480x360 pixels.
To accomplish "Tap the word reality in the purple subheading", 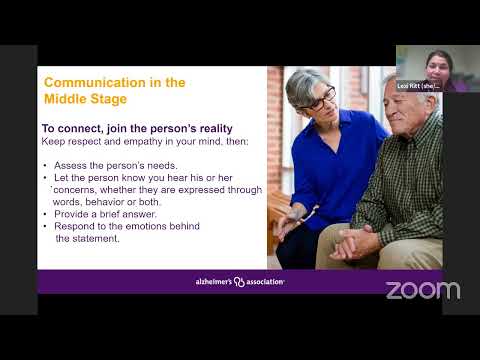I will [206, 128].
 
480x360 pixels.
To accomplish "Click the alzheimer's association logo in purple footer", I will [239, 282].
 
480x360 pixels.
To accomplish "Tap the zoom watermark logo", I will [422, 290].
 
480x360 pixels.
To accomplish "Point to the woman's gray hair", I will [301, 86].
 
